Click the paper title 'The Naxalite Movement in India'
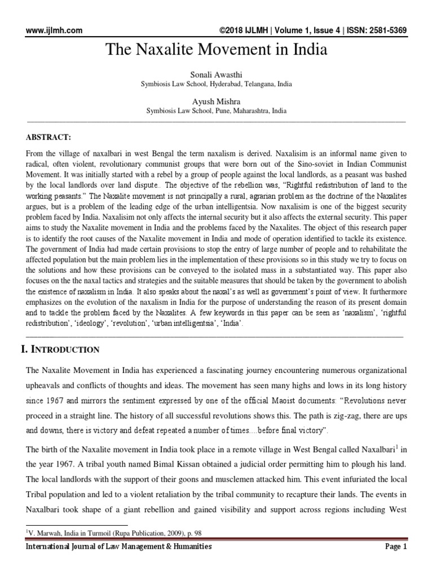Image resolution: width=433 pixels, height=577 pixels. pyautogui.click(x=216, y=50)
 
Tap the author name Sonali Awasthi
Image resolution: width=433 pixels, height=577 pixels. pyautogui.click(x=216, y=75)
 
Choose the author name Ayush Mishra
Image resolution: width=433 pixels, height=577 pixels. pyautogui.click(x=216, y=102)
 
